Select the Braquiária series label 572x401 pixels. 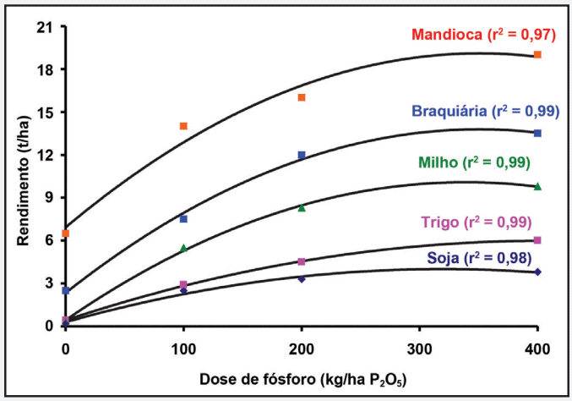[485, 111]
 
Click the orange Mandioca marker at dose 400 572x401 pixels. [537, 55]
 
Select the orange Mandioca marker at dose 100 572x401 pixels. [183, 126]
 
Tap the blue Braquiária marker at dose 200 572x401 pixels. [302, 155]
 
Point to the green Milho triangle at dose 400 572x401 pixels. [537, 186]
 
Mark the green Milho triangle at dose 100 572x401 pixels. [183, 248]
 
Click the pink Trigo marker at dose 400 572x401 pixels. [537, 240]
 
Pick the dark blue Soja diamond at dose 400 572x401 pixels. [537, 272]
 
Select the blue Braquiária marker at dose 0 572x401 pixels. [66, 290]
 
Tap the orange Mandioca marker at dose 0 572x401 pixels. [66, 233]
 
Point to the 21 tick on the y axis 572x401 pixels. [44, 27]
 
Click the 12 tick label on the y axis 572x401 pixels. [44, 155]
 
